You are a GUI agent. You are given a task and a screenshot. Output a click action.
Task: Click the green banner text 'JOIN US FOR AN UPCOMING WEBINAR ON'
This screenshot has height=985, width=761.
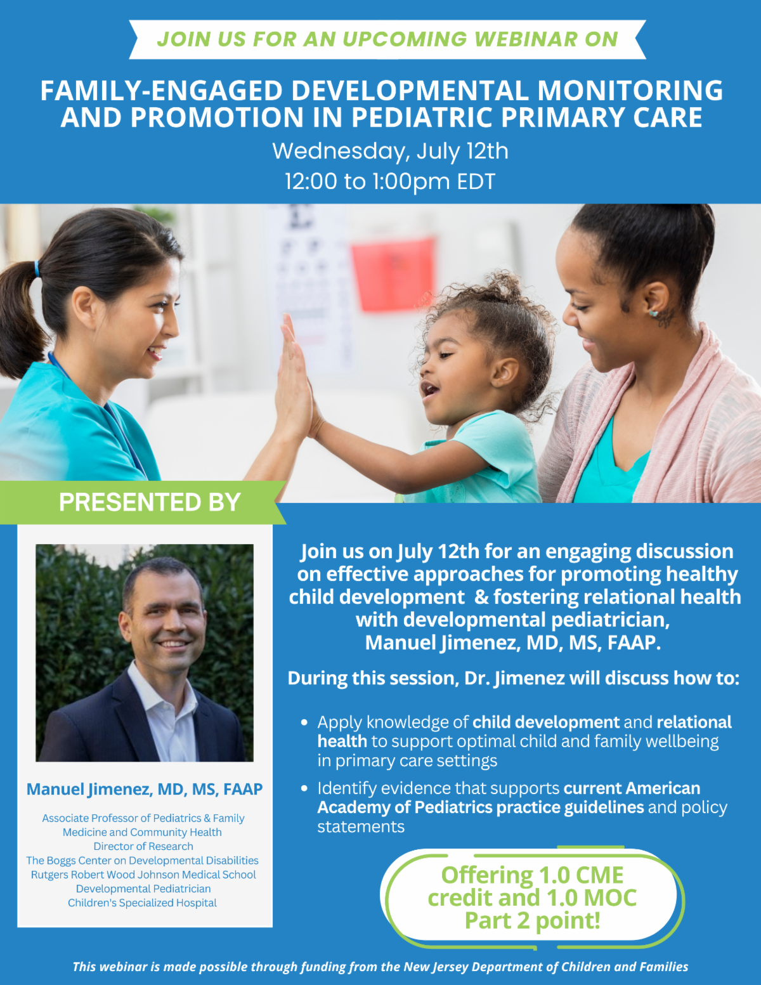point(387,39)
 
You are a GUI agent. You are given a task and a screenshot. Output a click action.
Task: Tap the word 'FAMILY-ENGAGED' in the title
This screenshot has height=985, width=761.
point(161,91)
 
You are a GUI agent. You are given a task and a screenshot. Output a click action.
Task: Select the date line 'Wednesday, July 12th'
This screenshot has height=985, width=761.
point(390,151)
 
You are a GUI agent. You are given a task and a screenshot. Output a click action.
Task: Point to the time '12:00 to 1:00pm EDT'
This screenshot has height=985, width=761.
point(389,181)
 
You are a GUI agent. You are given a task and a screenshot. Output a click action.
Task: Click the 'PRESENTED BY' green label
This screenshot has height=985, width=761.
point(150,502)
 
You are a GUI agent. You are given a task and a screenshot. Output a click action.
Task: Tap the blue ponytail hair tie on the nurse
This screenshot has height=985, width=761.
point(37,268)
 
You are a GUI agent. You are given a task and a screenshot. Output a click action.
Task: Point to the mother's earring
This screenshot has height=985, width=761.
point(652,312)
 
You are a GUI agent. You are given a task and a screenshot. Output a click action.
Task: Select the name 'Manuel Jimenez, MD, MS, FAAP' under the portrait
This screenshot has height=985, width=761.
point(145,789)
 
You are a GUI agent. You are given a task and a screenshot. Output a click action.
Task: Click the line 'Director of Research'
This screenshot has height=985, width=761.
point(143,846)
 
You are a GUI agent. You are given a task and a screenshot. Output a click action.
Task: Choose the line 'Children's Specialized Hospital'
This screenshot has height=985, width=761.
point(143,903)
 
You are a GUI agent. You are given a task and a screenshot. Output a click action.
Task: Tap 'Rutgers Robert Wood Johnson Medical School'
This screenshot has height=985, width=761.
point(143,875)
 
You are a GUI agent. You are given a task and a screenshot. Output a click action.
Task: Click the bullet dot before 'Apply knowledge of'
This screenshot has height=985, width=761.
point(304,722)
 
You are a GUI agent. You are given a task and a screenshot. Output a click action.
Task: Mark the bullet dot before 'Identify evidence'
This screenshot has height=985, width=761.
point(304,788)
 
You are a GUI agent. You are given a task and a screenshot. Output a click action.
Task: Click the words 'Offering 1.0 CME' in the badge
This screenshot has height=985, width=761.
point(532,875)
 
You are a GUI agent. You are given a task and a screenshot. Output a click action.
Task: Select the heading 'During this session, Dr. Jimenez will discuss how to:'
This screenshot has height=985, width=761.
point(513,678)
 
